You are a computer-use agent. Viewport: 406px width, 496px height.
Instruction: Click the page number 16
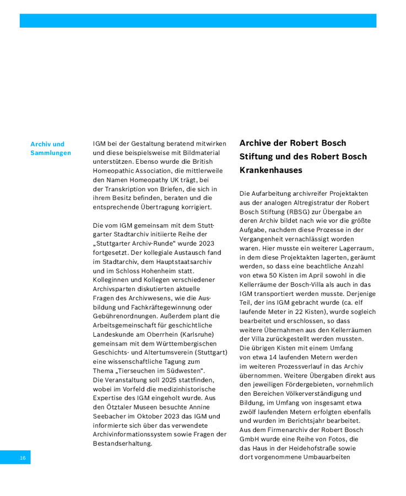click(x=23, y=458)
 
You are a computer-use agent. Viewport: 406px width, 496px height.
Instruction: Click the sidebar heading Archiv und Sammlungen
click(x=51, y=148)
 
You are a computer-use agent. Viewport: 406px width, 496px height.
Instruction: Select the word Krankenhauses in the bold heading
click(x=271, y=171)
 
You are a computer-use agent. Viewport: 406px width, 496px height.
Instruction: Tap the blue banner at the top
click(x=198, y=21)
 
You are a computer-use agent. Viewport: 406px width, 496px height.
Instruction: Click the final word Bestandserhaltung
click(x=122, y=443)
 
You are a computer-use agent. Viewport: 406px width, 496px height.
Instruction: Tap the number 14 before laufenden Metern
click(x=268, y=357)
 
